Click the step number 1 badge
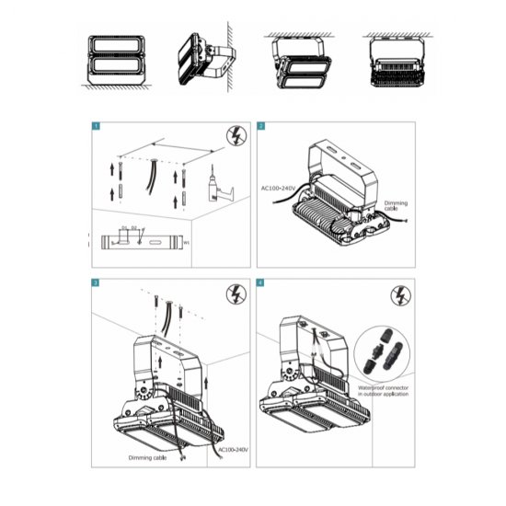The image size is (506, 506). (95, 125)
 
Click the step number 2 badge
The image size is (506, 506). (261, 125)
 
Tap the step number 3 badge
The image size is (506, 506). (95, 283)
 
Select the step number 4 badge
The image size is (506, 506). (261, 283)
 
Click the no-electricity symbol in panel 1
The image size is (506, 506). (235, 139)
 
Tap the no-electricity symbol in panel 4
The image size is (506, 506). (400, 296)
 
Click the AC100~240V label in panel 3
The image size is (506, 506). (230, 450)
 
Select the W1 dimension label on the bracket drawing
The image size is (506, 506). (186, 243)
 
